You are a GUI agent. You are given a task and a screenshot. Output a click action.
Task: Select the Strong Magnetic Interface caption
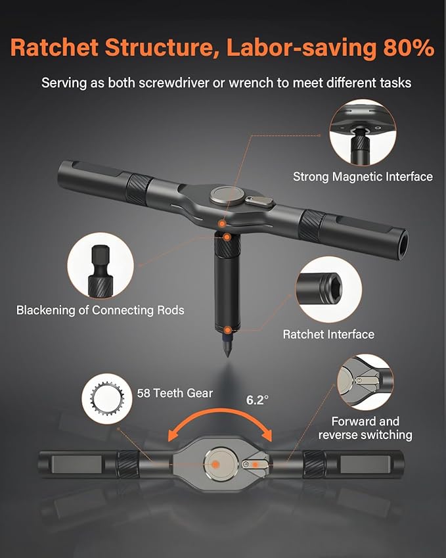(362, 176)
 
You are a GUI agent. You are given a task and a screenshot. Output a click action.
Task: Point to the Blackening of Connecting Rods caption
(100, 310)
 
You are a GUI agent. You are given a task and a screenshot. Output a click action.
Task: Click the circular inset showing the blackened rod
(100, 266)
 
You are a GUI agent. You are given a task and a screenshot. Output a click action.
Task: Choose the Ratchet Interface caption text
(328, 334)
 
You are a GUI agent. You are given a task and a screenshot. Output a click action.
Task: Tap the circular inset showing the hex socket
(328, 289)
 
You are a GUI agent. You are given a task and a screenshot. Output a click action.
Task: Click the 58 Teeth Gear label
(175, 392)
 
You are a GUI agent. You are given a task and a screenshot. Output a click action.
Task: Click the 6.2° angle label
(257, 399)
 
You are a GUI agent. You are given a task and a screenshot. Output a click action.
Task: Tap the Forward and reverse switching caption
(365, 428)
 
